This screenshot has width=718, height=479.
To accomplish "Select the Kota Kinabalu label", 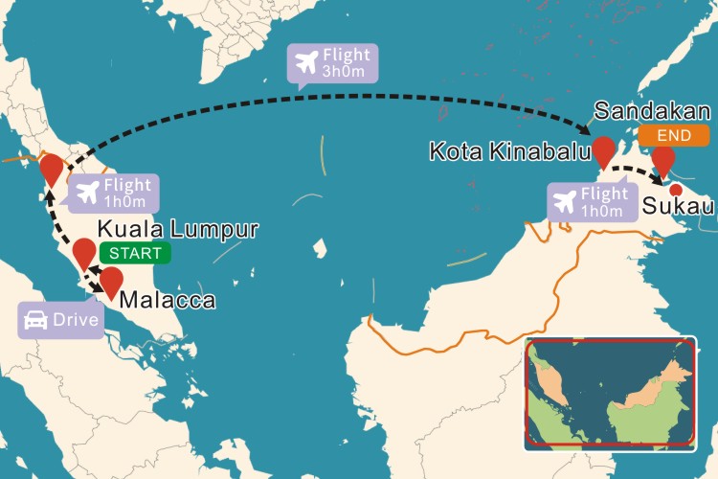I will tap(507, 152).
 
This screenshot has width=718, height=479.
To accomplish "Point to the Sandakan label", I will tap(649, 111).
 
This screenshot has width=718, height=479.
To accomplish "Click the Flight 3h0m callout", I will tap(333, 63).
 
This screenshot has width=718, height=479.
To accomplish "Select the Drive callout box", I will tap(61, 320).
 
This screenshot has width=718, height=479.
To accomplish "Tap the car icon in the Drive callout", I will tap(35, 320).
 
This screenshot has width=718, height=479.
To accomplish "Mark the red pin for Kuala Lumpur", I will tap(84, 252).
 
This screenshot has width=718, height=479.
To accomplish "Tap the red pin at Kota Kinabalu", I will tap(604, 150).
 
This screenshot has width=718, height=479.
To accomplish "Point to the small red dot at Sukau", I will tap(675, 189).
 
